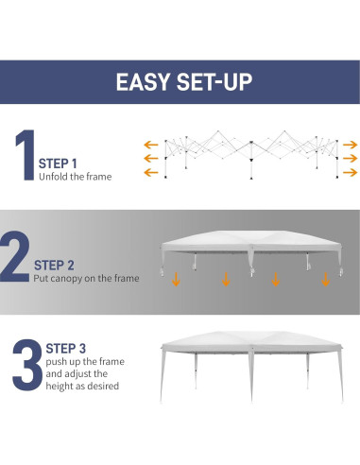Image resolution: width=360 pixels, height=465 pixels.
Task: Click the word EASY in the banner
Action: point(143,82)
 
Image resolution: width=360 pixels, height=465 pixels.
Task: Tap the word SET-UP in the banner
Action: point(214,82)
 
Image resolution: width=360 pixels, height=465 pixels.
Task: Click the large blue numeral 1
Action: point(26,155)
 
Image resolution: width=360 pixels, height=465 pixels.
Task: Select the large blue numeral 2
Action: point(15,256)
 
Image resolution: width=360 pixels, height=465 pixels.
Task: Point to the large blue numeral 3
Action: point(27,365)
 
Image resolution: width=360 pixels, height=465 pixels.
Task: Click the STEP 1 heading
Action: point(58,164)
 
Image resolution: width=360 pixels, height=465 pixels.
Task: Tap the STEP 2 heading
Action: point(54,266)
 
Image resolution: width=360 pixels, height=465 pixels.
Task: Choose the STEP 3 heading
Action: point(66,349)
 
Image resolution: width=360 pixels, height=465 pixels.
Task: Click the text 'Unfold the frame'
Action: point(75,177)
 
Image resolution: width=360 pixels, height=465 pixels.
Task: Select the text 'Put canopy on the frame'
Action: point(86,278)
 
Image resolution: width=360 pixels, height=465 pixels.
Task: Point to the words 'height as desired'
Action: point(82,386)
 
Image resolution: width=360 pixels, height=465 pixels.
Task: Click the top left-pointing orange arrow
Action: point(151,145)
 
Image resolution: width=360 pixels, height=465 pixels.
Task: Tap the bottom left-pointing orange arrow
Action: point(151,172)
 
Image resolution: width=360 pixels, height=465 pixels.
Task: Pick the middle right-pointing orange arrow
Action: point(351,159)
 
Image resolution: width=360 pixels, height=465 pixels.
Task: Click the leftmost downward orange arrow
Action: point(176,280)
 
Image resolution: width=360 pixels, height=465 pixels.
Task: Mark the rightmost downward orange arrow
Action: point(325,280)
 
